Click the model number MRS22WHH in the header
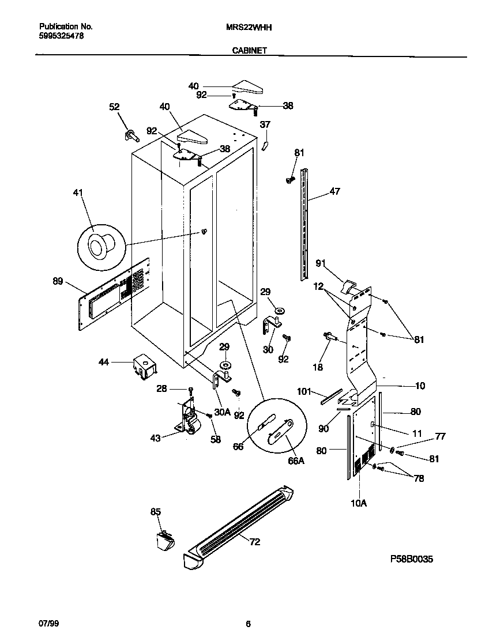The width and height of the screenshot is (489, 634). [249, 27]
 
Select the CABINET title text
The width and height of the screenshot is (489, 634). [249, 51]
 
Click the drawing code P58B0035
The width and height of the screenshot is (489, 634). [411, 559]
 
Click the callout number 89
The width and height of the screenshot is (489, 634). [58, 281]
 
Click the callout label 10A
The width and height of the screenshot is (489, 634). [358, 503]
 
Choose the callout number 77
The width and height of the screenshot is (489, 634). [440, 437]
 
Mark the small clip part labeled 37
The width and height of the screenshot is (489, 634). [265, 142]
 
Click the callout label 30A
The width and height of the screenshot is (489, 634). [222, 412]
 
